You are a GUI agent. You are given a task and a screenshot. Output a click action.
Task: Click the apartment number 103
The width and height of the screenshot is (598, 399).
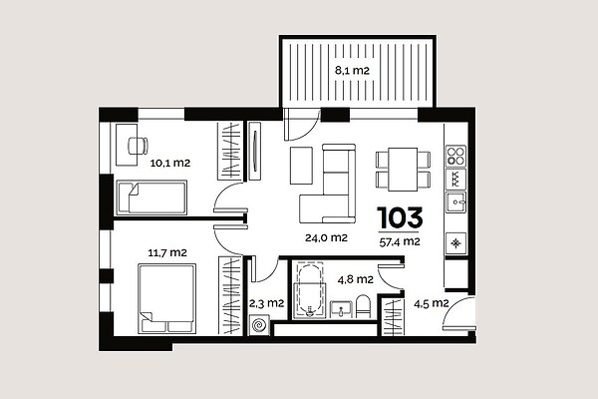[x=400, y=217]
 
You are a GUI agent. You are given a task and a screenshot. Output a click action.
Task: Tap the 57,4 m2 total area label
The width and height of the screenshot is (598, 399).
[x=400, y=241]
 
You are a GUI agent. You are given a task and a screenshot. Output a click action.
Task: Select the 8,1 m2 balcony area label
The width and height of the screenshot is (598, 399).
[x=352, y=70]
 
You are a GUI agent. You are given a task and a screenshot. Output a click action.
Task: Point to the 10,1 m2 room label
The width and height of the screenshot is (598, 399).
[x=170, y=163]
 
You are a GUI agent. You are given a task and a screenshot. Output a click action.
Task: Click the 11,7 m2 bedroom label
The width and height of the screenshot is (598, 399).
[x=167, y=252]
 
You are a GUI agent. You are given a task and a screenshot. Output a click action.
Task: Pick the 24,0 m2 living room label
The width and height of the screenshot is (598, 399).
[x=326, y=237]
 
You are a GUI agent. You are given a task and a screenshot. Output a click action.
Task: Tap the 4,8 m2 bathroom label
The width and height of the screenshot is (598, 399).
[x=355, y=279]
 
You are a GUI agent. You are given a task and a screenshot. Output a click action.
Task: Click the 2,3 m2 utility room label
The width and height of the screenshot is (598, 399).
[x=266, y=303]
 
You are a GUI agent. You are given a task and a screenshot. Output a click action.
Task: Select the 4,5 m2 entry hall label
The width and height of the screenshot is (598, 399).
[x=431, y=303]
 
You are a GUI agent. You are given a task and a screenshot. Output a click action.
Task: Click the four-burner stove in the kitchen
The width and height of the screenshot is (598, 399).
[x=456, y=156]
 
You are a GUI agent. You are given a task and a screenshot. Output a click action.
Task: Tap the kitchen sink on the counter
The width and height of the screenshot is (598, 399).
[x=456, y=202]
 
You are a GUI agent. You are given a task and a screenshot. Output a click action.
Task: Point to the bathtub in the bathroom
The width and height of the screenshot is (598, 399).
[x=311, y=290]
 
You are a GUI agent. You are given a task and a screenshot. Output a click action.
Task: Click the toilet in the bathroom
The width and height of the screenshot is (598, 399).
[x=363, y=306]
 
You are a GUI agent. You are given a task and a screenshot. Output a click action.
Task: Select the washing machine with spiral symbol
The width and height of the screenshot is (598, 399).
[x=259, y=326]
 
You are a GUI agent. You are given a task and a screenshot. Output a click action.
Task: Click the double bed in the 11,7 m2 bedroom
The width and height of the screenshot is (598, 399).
[x=167, y=298]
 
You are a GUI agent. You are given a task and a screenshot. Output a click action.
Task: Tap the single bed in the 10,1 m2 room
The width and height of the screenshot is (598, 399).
[x=151, y=198]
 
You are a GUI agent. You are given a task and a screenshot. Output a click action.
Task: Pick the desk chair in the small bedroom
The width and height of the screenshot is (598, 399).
[x=138, y=146]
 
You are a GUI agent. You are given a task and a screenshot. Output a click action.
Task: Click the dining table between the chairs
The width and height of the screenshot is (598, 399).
[x=403, y=170]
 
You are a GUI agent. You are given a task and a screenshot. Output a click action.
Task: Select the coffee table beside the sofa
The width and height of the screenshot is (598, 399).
[x=301, y=166]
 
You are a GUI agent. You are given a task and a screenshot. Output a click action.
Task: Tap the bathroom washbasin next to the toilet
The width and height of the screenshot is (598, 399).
[x=341, y=309]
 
